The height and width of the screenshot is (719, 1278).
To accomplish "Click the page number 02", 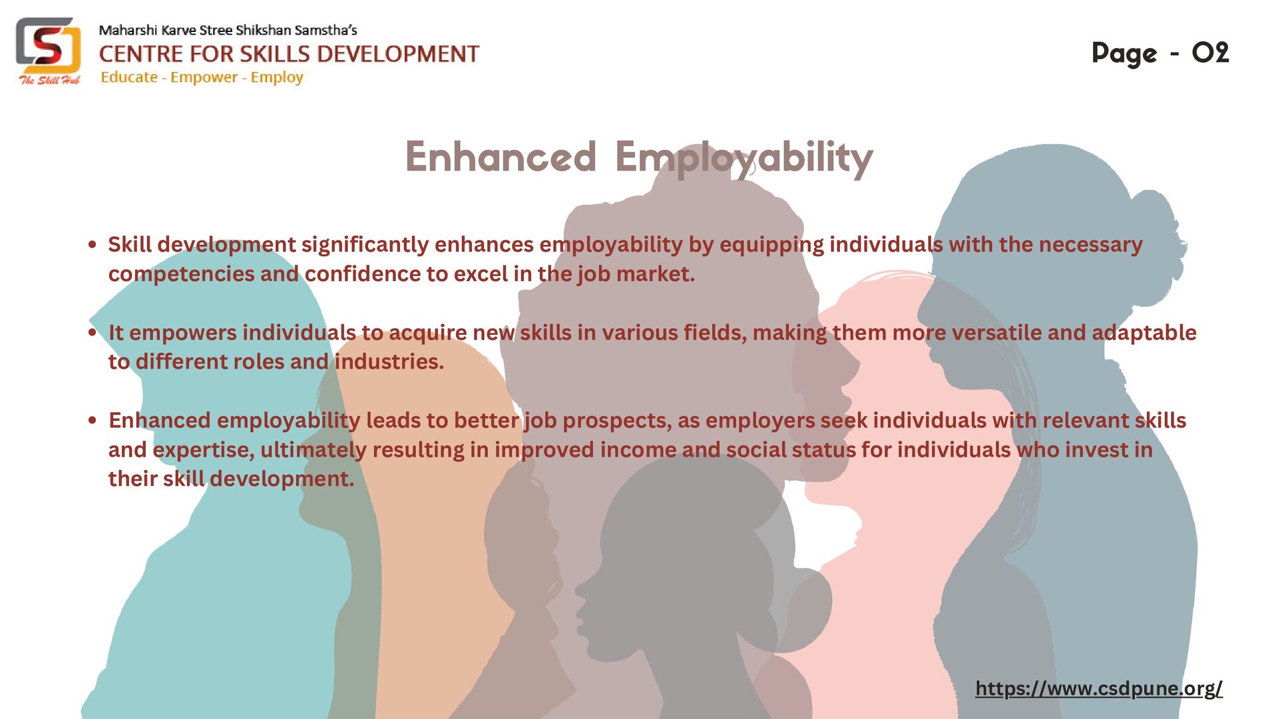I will pos(1209,53).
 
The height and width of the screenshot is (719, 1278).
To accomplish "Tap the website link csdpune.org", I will pos(1098,688).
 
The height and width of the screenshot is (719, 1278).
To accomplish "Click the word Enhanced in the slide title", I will pos(500,157).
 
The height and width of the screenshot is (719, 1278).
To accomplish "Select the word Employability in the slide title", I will pos(744,158).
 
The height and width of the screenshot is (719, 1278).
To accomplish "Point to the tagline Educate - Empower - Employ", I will pos(202,77).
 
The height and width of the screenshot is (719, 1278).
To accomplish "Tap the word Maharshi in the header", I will pos(128,30).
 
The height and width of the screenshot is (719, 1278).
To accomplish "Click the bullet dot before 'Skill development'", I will pos(93,245).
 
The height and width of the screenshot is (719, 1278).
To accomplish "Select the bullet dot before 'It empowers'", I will pos(93,332).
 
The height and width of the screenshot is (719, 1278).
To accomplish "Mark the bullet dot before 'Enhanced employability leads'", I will pos(93,420).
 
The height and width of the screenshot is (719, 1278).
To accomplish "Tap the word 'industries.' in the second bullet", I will pos(389,361).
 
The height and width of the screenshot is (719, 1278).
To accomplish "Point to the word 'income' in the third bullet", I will pos(638,450).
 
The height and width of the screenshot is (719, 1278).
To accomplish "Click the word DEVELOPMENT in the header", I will pos(421,54).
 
